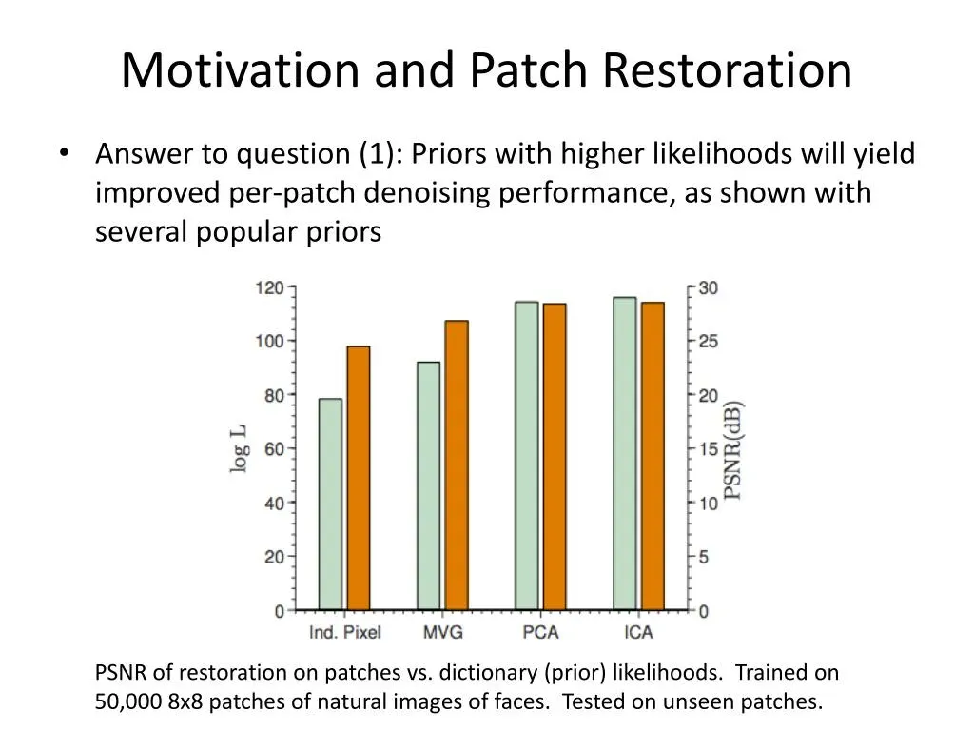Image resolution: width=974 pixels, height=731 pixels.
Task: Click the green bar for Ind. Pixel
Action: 330,504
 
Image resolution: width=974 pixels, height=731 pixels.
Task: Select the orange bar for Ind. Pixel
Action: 359,478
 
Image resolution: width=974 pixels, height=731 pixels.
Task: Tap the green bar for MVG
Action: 429,485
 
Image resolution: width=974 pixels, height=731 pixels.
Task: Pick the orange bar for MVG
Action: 457,464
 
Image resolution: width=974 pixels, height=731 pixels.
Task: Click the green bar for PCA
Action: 527,456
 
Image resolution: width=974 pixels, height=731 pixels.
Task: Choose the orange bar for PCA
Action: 555,457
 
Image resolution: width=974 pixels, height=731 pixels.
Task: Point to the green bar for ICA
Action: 625,453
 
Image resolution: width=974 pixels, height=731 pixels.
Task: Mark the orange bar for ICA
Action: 653,456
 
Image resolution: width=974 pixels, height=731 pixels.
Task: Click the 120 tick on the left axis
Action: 269,287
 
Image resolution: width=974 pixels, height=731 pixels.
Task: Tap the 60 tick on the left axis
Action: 275,449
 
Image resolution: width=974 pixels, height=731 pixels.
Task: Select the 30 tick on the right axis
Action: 708,287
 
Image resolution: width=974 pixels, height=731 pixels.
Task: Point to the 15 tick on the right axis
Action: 708,449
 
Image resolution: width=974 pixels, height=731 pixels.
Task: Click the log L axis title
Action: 239,449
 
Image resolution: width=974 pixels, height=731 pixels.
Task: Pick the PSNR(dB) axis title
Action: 733,450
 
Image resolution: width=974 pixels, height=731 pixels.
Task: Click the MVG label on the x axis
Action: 443,632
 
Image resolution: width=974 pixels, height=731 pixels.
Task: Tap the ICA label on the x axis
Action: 638,632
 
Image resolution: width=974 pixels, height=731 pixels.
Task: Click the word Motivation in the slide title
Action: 241,69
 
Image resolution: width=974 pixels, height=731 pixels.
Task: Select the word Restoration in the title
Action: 727,69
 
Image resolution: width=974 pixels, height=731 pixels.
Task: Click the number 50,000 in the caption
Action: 128,701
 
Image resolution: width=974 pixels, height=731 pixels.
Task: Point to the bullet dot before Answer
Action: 64,153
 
